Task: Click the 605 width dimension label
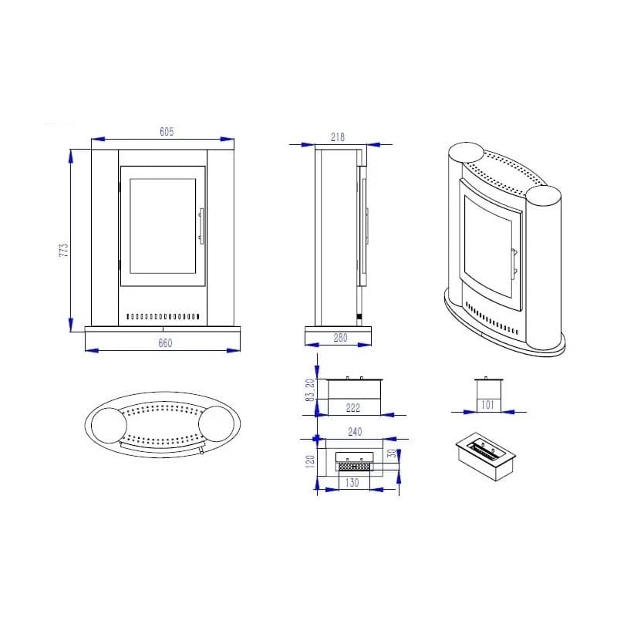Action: pyautogui.click(x=165, y=132)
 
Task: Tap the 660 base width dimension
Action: pyautogui.click(x=165, y=343)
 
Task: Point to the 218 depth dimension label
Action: pyautogui.click(x=338, y=137)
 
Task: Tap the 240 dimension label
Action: pyautogui.click(x=354, y=433)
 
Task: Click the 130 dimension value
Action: pyautogui.click(x=352, y=483)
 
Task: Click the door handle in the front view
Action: pyautogui.click(x=201, y=226)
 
